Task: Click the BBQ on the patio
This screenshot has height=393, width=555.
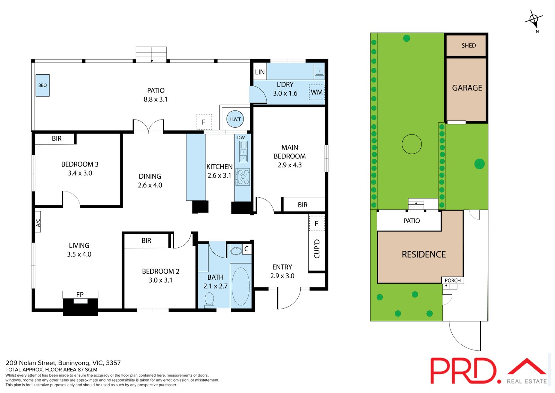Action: click(x=43, y=85)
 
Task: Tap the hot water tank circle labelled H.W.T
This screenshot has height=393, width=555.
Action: click(x=235, y=119)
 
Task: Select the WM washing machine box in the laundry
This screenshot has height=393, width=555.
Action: click(x=317, y=92)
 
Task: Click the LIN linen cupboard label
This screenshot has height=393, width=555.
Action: click(x=260, y=72)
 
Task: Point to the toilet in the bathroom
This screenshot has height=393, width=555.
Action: click(x=210, y=300)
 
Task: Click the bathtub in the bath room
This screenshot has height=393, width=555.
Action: click(x=241, y=286)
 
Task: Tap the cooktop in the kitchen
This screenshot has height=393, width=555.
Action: click(x=243, y=177)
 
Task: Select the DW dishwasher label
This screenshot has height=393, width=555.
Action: click(x=241, y=138)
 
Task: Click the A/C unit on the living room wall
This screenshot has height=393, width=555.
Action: click(x=38, y=222)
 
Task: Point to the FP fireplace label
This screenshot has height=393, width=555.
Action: click(x=80, y=294)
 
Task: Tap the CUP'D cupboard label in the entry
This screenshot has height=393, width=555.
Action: click(x=317, y=249)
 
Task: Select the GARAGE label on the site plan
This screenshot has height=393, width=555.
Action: click(x=467, y=88)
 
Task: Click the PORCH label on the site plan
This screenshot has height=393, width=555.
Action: click(x=453, y=280)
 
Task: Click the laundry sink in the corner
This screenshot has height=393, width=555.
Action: click(x=319, y=71)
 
